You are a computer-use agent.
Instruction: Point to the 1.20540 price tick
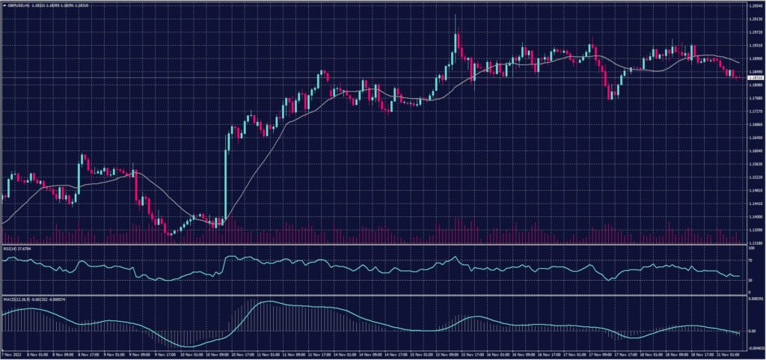755,5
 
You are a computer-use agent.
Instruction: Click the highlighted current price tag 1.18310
755,77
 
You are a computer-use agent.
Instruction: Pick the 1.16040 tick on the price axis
755,150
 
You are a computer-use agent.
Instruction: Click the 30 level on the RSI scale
750,280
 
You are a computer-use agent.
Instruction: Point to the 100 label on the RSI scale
750,248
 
